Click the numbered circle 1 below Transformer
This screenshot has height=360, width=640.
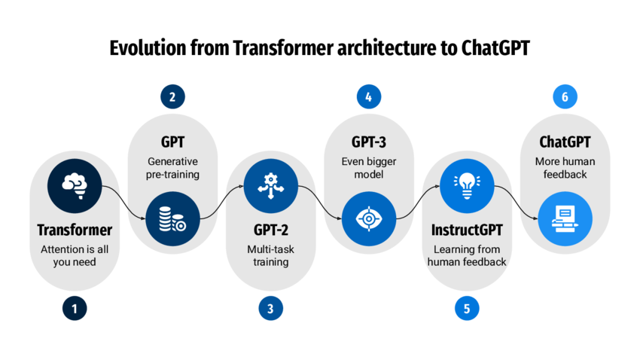point(74,307)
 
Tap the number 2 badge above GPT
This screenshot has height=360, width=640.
point(172,96)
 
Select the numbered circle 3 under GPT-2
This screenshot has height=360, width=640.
point(270,307)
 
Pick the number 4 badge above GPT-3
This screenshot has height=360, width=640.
point(368,96)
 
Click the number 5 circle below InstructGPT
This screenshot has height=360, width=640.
point(467,307)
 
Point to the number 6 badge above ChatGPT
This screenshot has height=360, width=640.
point(565,96)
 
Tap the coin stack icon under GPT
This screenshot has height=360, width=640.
point(172,218)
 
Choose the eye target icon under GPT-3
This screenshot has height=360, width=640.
point(368,218)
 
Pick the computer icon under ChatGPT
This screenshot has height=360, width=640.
point(565,218)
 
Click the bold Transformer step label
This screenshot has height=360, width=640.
point(74,230)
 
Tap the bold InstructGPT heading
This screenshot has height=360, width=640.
point(467,230)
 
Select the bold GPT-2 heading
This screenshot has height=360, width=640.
point(270,230)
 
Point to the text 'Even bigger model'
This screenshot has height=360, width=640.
point(368,167)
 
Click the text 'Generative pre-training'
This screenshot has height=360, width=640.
point(172,167)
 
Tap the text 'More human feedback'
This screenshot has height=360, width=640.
point(565,167)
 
